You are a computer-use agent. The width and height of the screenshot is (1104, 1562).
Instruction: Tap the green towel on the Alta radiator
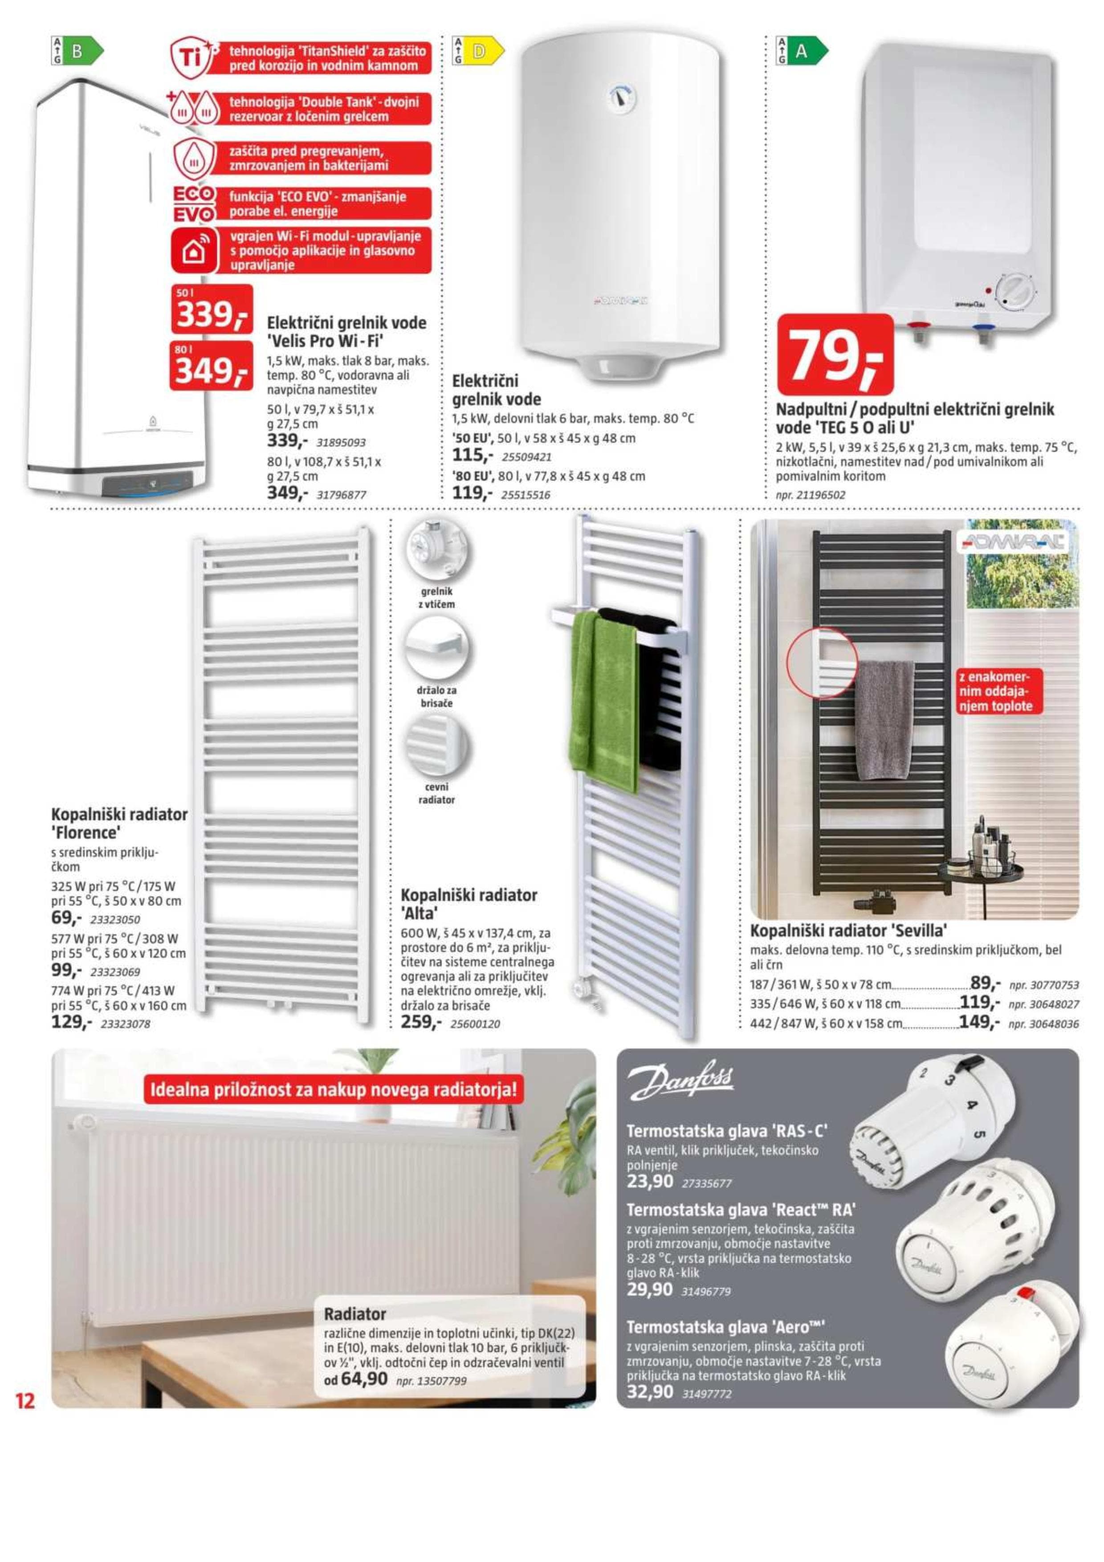pyautogui.click(x=604, y=701)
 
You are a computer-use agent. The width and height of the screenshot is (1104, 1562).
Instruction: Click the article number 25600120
pyautogui.click(x=475, y=1024)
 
